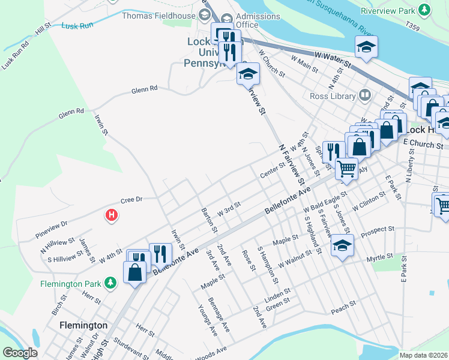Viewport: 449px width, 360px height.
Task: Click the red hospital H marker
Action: click(x=111, y=215)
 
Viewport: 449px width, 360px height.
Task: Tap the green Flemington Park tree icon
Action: click(x=110, y=283)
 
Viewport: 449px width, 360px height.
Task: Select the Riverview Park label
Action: click(x=388, y=10)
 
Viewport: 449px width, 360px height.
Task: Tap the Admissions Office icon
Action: click(x=226, y=18)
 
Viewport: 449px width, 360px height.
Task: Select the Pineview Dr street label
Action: click(x=52, y=226)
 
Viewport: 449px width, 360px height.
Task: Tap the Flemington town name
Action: click(x=83, y=325)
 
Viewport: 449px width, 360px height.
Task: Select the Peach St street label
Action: click(x=343, y=308)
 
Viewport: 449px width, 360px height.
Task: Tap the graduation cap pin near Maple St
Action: click(x=342, y=245)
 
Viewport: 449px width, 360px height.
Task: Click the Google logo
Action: click(x=20, y=353)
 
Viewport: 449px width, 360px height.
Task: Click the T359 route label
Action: click(x=413, y=27)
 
